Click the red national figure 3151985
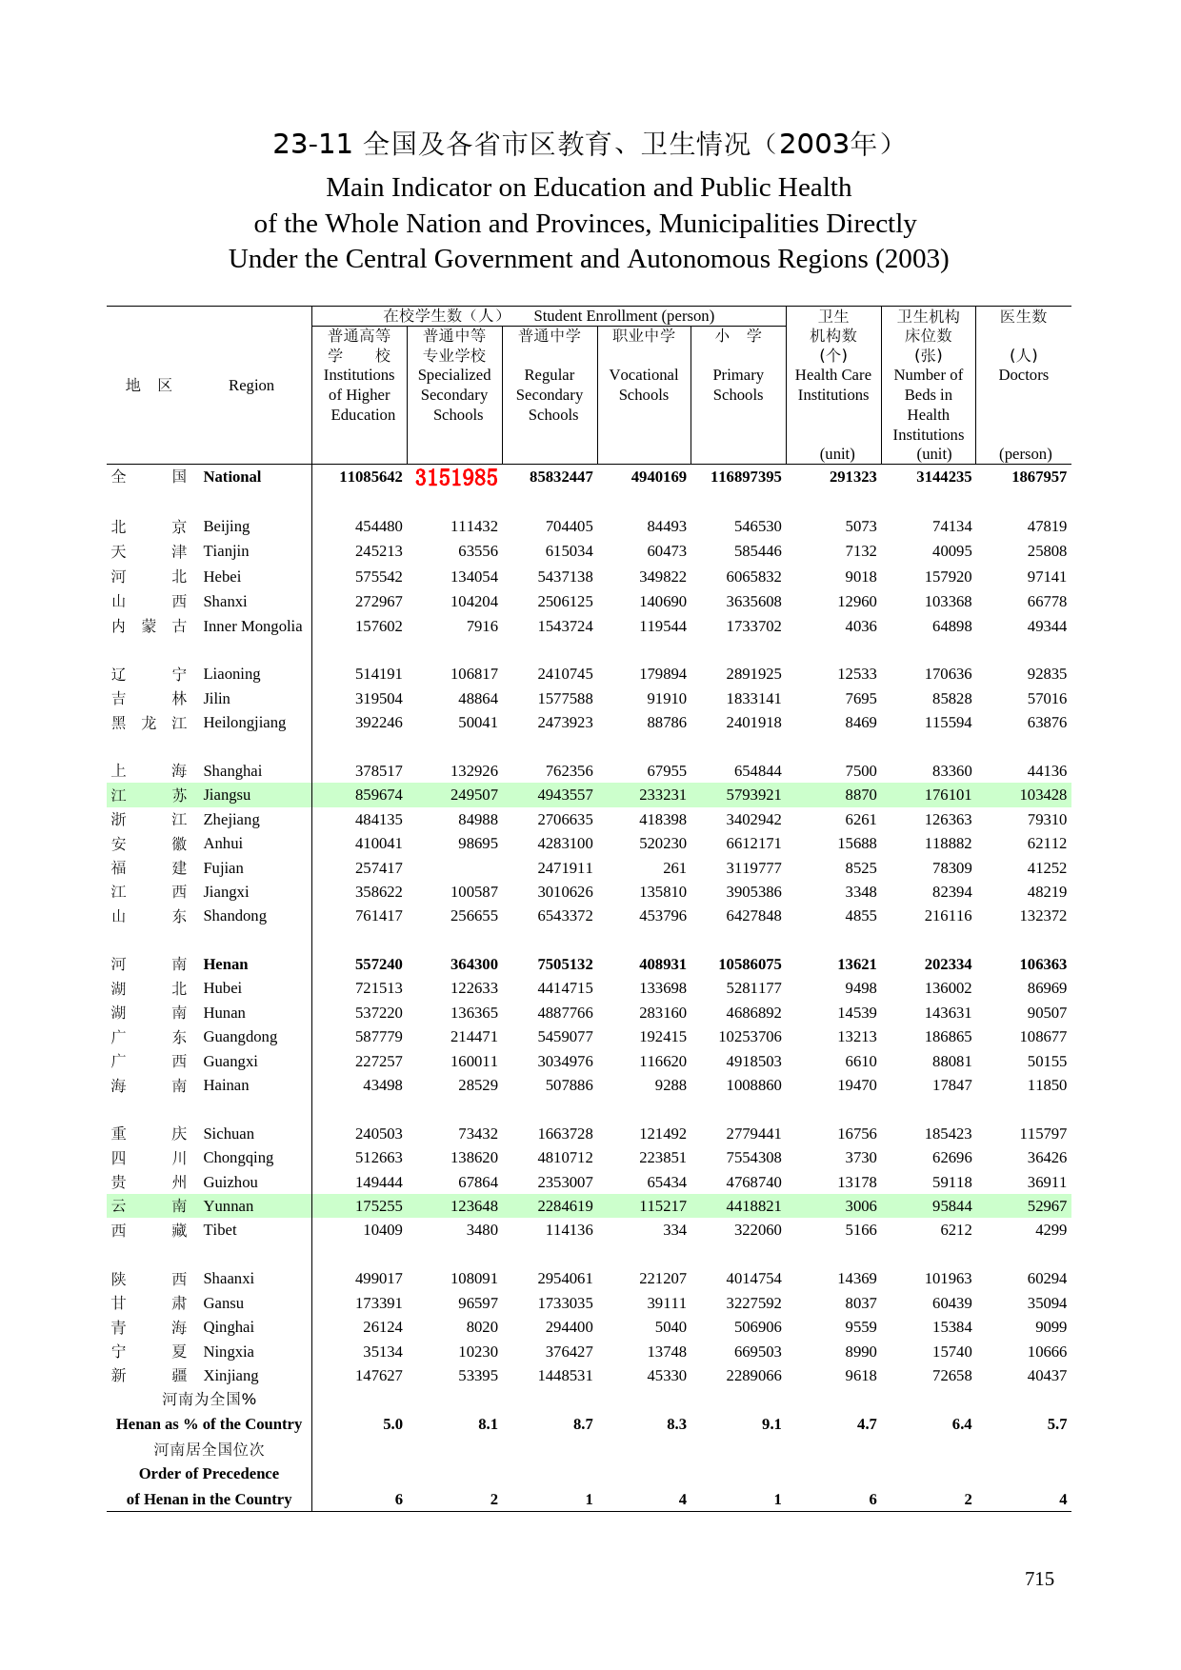click(456, 478)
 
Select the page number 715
click(1039, 1579)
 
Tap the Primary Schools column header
click(738, 385)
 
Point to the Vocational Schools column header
click(644, 385)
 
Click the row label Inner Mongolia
click(252, 626)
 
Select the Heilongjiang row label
click(244, 723)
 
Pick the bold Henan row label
click(226, 964)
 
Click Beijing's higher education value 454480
click(379, 527)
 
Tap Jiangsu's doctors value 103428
click(1043, 795)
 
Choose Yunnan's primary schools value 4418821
click(753, 1206)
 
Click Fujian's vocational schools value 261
click(674, 868)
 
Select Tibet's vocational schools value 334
click(674, 1230)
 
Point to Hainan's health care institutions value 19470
click(857, 1085)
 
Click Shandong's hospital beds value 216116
click(948, 916)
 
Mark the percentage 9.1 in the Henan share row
click(771, 1424)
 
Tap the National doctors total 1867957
click(1039, 477)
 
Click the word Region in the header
click(251, 386)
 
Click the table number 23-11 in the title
click(312, 144)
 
